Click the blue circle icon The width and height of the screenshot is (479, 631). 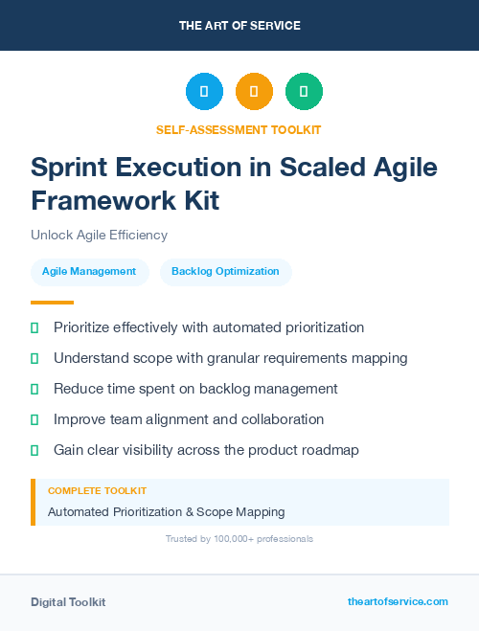pyautogui.click(x=204, y=92)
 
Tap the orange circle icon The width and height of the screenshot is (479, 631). pyautogui.click(x=254, y=92)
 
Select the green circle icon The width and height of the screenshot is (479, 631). pyautogui.click(x=304, y=92)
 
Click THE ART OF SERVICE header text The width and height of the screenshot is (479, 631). pyautogui.click(x=239, y=26)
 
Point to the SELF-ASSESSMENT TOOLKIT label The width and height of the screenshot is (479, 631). pyautogui.click(x=239, y=129)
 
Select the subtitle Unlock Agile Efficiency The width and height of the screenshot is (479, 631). pyautogui.click(x=99, y=235)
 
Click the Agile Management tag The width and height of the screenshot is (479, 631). pyautogui.click(x=89, y=272)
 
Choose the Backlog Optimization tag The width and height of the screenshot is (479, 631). pyautogui.click(x=225, y=272)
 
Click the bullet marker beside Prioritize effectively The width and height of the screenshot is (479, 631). pyautogui.click(x=34, y=327)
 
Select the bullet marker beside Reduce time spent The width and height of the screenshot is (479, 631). pyautogui.click(x=34, y=389)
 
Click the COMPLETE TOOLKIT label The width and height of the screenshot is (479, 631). pyautogui.click(x=97, y=490)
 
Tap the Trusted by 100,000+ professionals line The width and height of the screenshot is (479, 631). pyautogui.click(x=239, y=539)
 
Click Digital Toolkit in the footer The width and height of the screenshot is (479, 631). pyautogui.click(x=68, y=601)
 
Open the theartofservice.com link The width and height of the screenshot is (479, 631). pyautogui.click(x=398, y=601)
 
